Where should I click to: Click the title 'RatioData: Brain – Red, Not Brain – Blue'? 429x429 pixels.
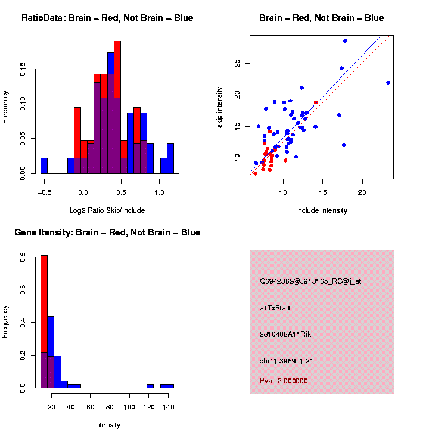pyautogui.click(x=107, y=18)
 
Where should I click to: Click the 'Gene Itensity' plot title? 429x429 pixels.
pyautogui.click(x=107, y=232)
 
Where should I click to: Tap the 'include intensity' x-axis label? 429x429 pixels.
pyautogui.click(x=322, y=210)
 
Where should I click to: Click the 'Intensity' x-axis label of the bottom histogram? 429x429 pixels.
pyautogui.click(x=107, y=425)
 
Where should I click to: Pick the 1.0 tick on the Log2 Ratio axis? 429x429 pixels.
pyautogui.click(x=159, y=192)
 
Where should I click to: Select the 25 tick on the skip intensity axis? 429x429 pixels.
pyautogui.click(x=237, y=63)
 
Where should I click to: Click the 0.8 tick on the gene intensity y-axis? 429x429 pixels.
pyautogui.click(x=23, y=258)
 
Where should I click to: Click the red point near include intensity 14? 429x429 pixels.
pyautogui.click(x=316, y=102)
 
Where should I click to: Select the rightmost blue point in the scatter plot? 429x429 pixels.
pyautogui.click(x=388, y=83)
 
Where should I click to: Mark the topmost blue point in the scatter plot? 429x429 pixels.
pyautogui.click(x=345, y=41)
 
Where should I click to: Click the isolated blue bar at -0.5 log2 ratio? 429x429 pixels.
pyautogui.click(x=44, y=166)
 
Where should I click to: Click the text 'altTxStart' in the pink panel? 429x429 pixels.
pyautogui.click(x=275, y=308)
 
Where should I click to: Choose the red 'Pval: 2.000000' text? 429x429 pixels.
pyautogui.click(x=284, y=381)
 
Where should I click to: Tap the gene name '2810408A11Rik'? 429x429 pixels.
pyautogui.click(x=285, y=334)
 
